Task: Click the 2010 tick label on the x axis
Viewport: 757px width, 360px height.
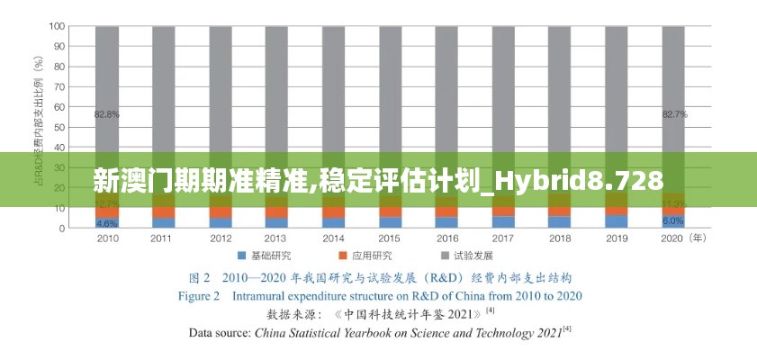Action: click(107, 239)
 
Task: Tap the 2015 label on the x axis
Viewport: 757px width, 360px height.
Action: click(390, 239)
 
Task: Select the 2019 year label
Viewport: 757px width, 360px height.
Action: click(617, 239)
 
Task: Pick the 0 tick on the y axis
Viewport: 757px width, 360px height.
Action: click(62, 228)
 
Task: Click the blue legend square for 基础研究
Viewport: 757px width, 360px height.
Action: click(243, 256)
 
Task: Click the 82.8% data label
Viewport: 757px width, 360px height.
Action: click(107, 114)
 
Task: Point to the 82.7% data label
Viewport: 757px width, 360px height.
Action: click(674, 114)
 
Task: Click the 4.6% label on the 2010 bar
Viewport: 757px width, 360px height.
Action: click(107, 222)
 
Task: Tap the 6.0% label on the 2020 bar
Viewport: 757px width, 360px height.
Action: click(673, 220)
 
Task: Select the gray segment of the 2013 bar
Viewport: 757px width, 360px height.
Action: click(276, 90)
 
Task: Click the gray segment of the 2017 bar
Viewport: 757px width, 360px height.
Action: click(503, 90)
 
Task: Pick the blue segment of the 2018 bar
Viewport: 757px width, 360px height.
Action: click(560, 221)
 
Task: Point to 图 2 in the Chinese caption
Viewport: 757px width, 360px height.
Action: click(199, 277)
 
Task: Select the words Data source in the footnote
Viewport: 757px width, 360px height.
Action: click(219, 332)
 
